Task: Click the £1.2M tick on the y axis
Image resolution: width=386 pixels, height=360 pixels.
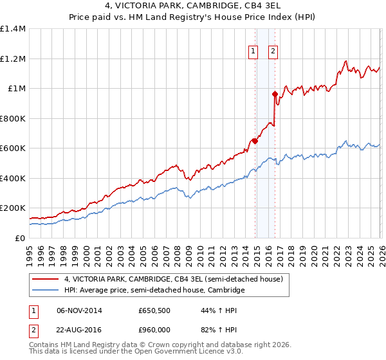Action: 13,59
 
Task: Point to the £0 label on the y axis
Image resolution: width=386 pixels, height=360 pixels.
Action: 19,238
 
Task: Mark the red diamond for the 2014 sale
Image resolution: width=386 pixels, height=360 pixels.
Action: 255,141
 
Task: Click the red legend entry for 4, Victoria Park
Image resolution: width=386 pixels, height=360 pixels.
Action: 174,279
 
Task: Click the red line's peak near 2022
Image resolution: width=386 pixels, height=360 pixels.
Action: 345,62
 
